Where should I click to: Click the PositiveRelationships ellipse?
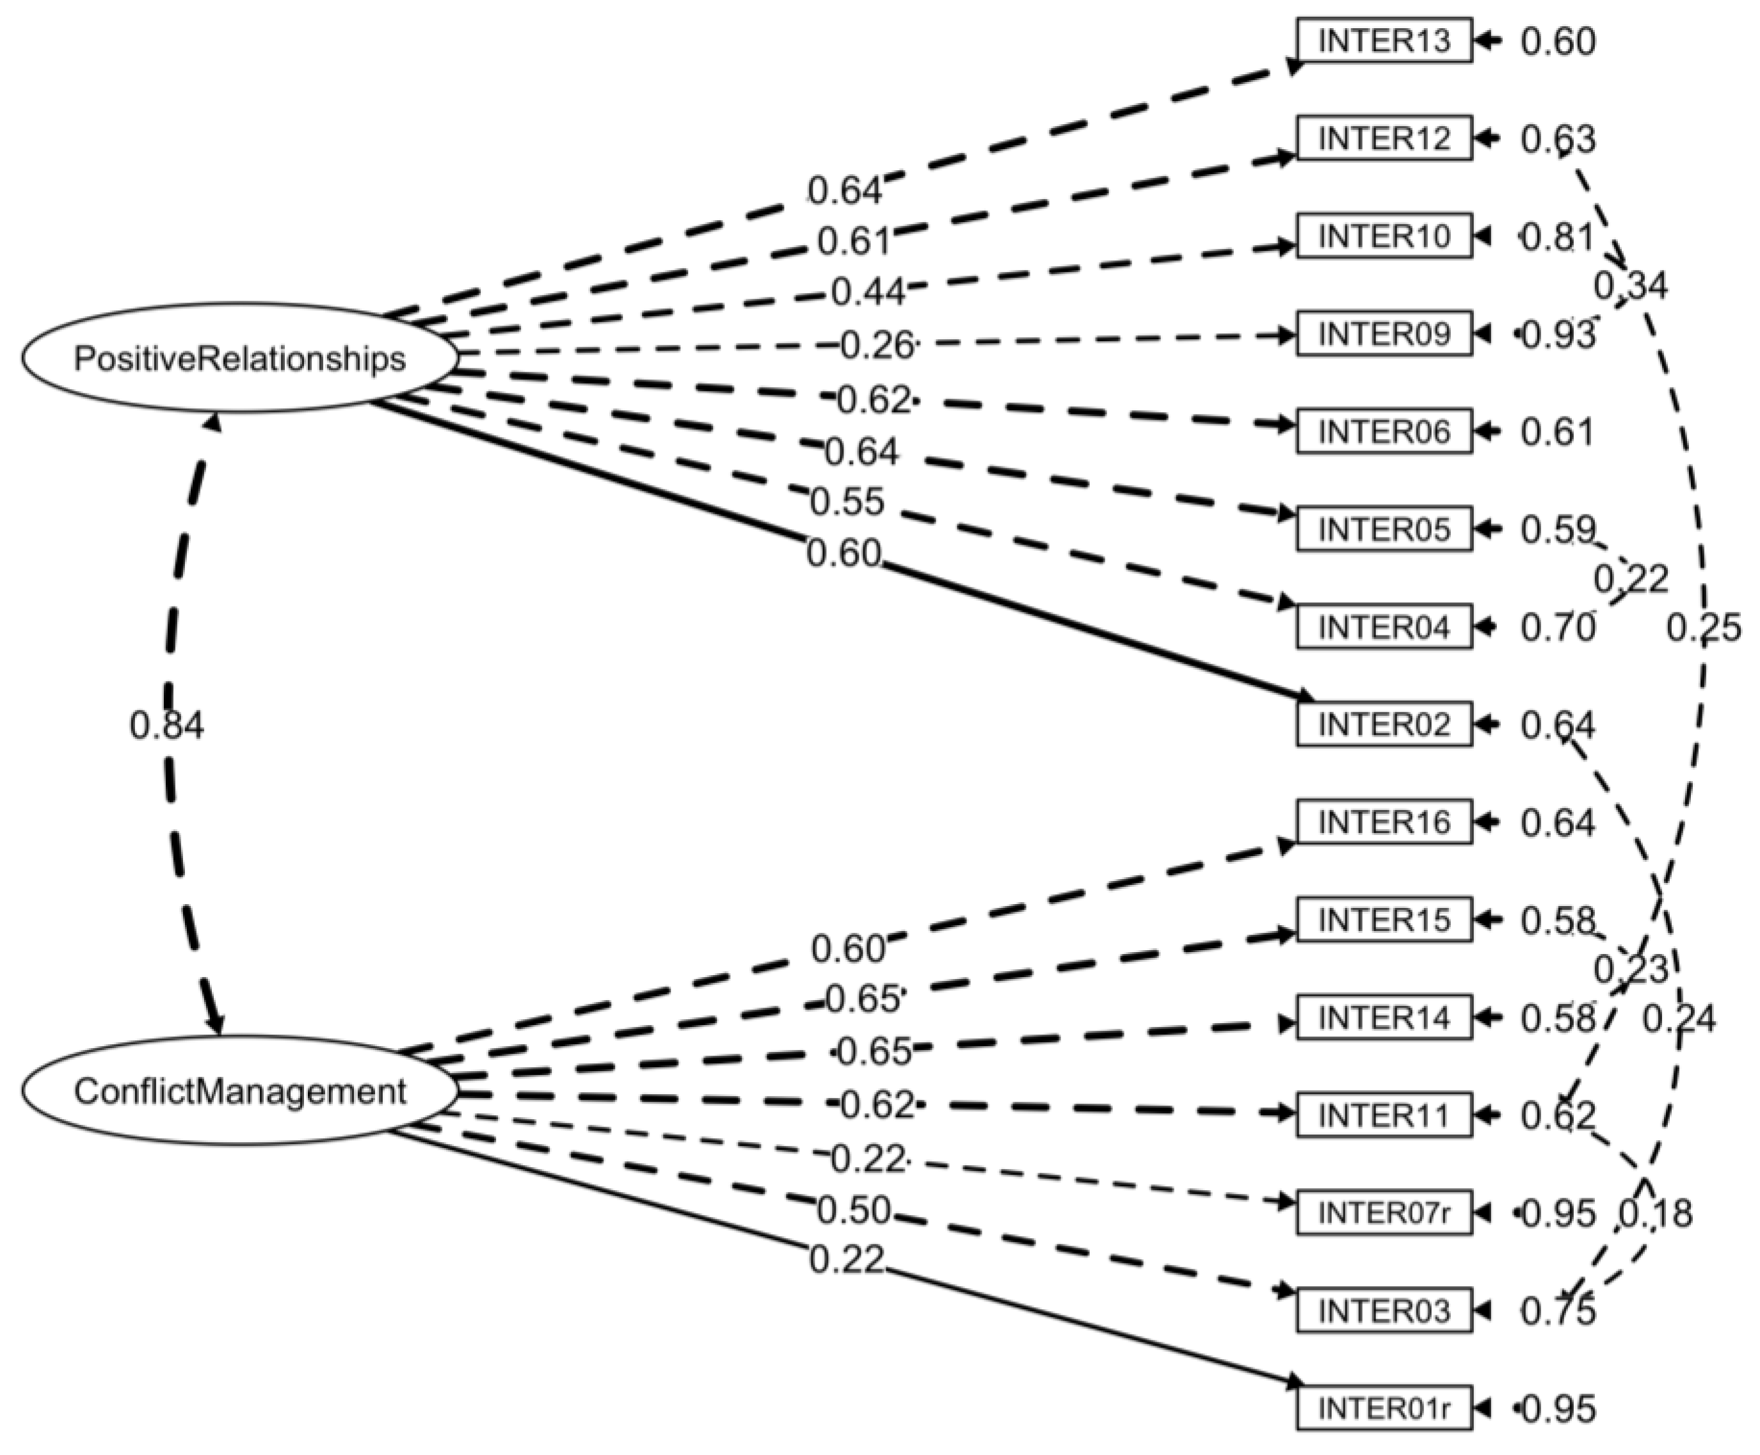[240, 358]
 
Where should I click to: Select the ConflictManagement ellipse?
[240, 1092]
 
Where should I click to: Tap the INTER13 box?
[1384, 40]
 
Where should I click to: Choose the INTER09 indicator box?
[1384, 333]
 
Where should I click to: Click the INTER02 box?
[1384, 724]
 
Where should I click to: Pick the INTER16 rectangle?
[1384, 822]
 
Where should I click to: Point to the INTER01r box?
[1384, 1408]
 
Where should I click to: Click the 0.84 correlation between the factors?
[167, 726]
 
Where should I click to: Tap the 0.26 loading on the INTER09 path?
[876, 345]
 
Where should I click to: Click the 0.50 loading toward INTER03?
[853, 1209]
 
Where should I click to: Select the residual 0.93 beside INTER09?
[1559, 334]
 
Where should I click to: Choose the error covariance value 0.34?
[1630, 287]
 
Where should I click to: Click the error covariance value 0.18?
[1655, 1214]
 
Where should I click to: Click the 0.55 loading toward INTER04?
[847, 501]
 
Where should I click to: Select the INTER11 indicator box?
[1384, 1115]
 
